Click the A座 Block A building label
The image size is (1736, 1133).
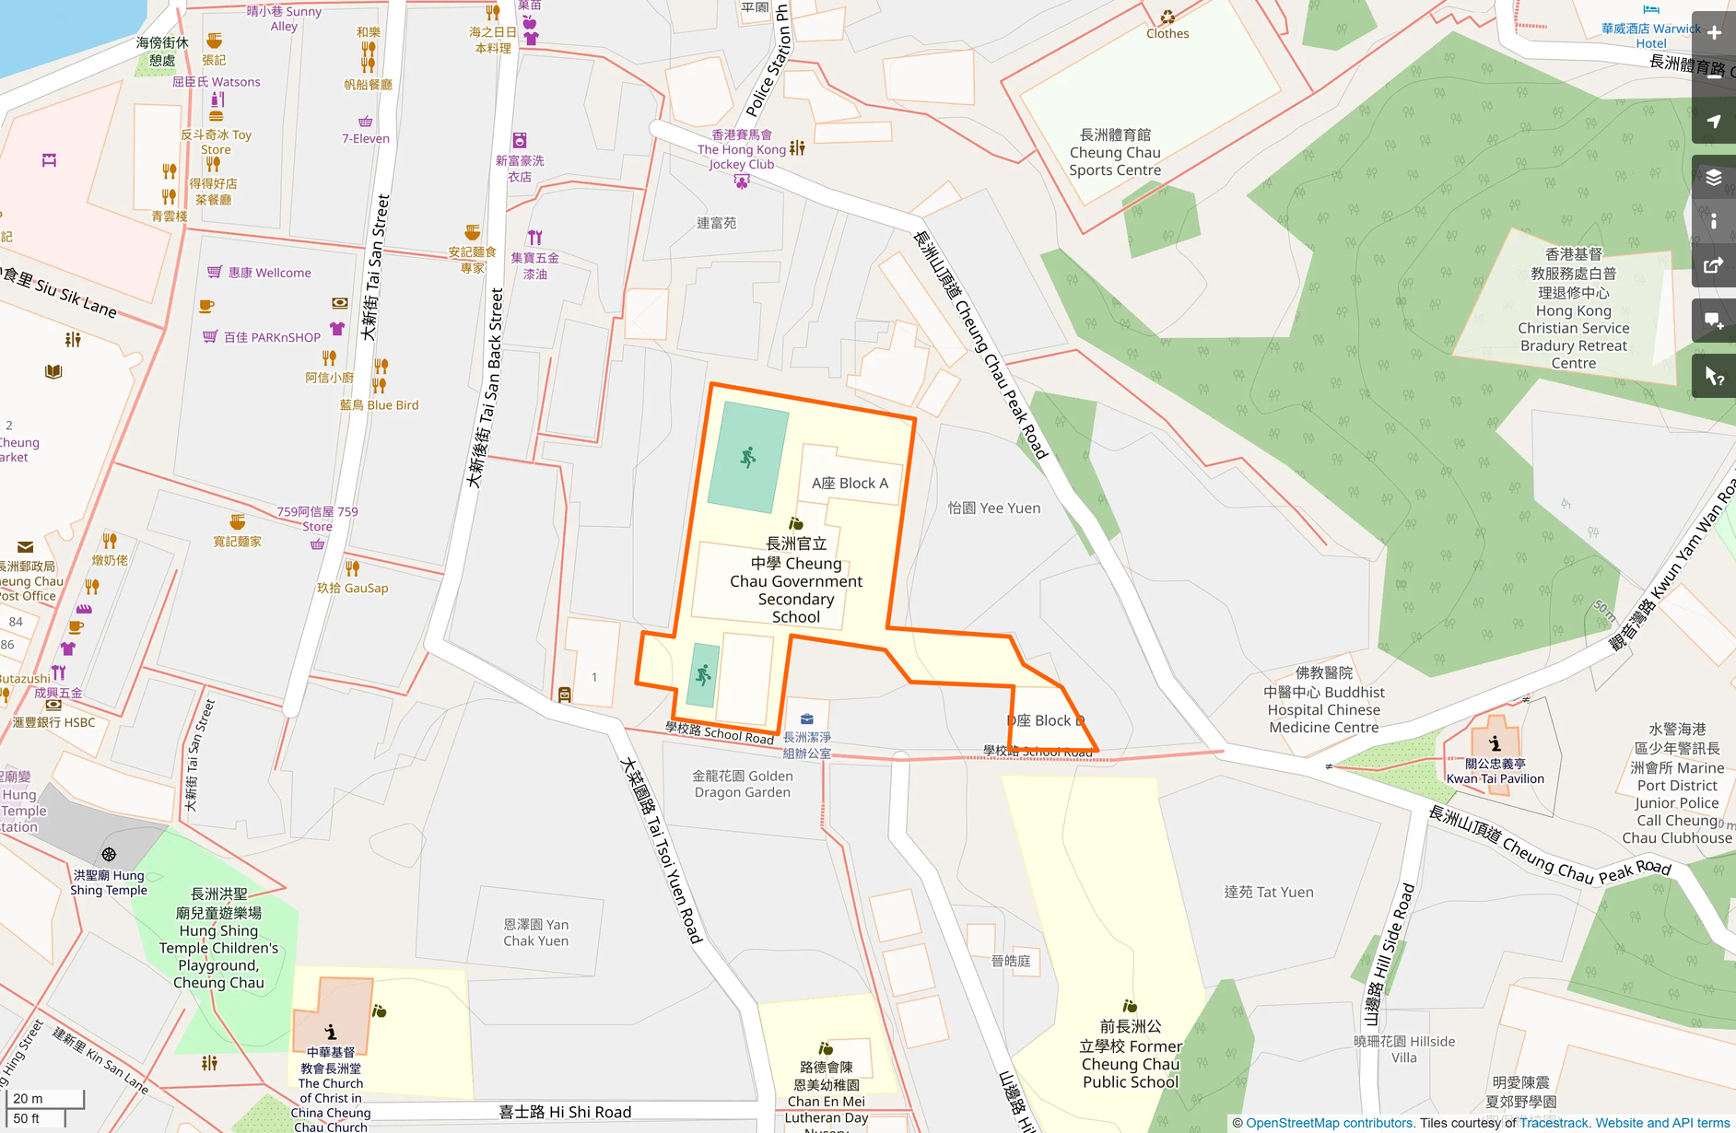coord(850,484)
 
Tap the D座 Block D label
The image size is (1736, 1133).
coord(1045,720)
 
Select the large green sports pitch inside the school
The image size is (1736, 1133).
coord(747,458)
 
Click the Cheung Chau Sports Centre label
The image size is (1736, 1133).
coord(1115,153)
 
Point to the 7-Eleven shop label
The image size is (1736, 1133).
coord(366,139)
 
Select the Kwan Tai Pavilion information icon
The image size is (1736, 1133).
coord(1495,742)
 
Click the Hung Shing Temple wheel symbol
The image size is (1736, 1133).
coord(109,855)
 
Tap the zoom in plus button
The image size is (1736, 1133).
coord(1714,33)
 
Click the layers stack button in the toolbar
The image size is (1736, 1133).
coord(1714,177)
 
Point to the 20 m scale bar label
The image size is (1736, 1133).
coord(29,1098)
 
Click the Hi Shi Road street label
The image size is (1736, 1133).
coord(565,1112)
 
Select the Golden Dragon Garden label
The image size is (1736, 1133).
coord(743,784)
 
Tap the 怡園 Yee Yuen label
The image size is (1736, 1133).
coord(993,508)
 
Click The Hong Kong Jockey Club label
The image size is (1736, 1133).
coord(742,149)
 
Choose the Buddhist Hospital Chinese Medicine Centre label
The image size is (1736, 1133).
coord(1323,700)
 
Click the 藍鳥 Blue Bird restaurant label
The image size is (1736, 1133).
coord(379,404)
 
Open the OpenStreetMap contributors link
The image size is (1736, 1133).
coord(1328,1123)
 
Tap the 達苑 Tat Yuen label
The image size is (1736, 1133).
coord(1268,892)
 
